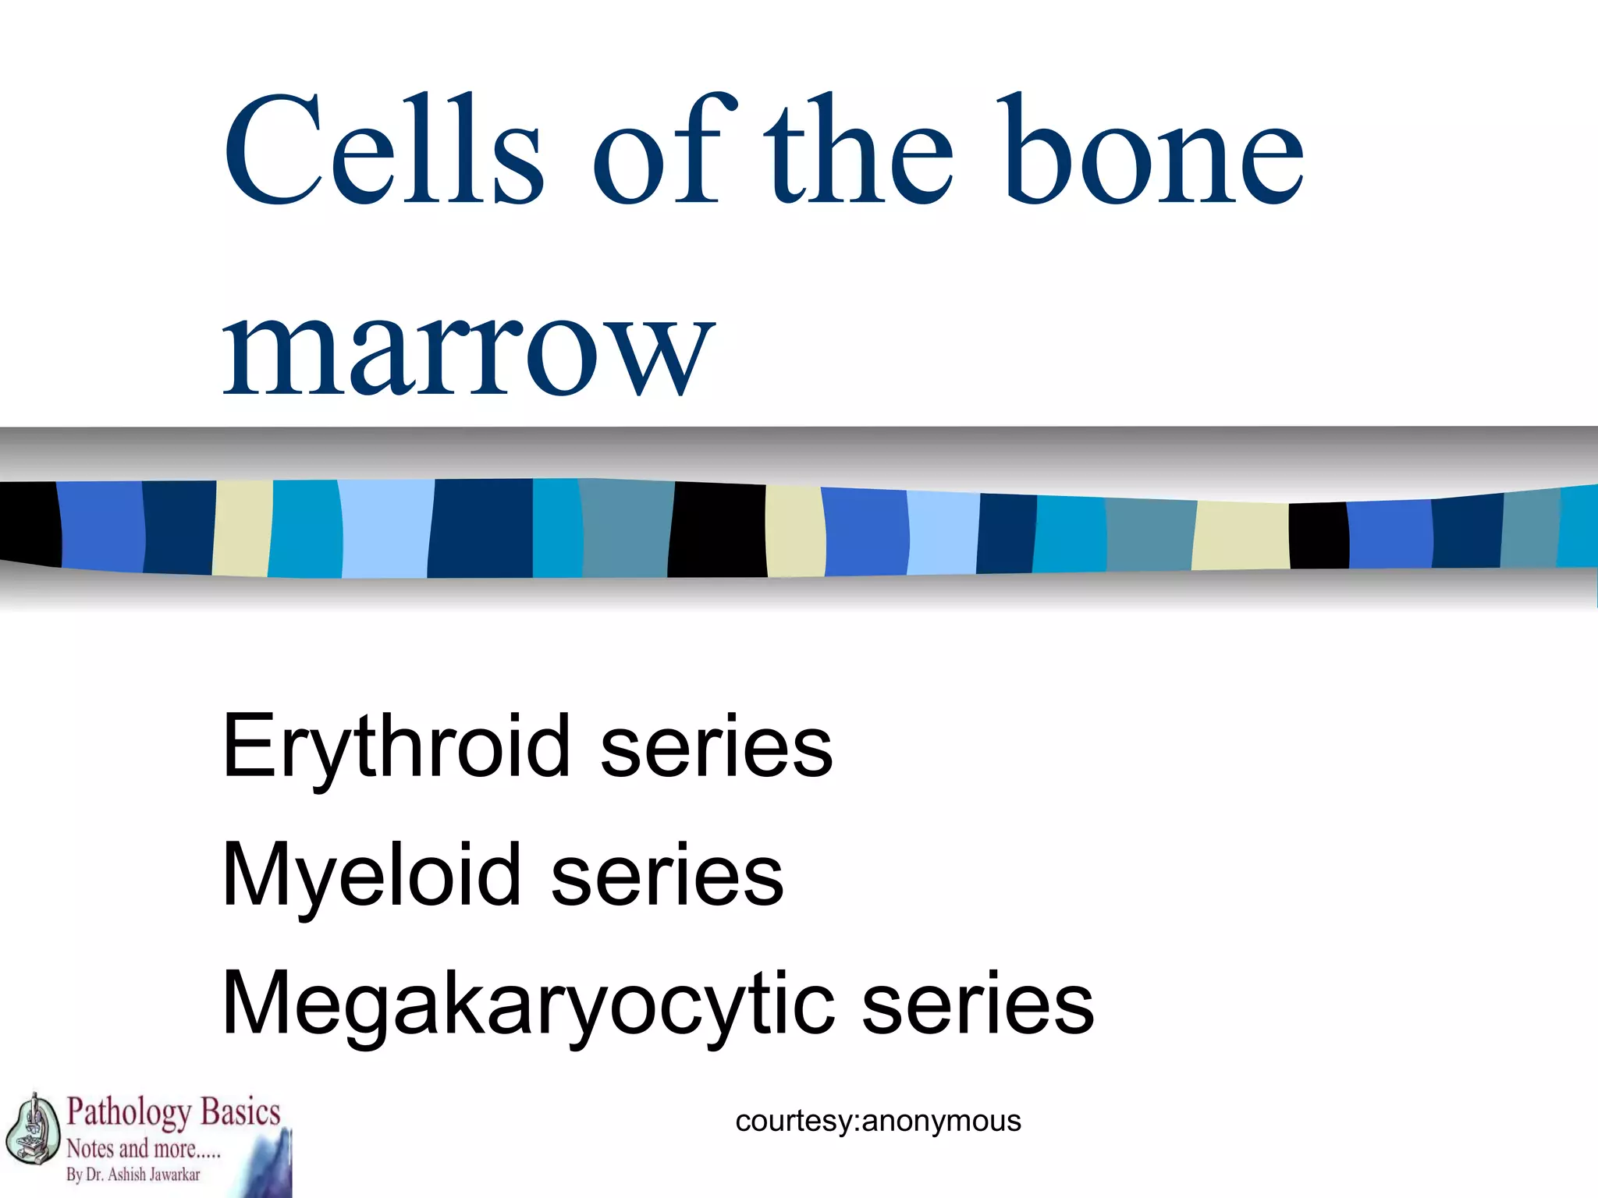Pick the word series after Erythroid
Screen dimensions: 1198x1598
716,747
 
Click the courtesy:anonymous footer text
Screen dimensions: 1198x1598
878,1121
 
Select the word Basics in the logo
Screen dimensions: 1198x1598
240,1112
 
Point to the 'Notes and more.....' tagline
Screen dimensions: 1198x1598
144,1149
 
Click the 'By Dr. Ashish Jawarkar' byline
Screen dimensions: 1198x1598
133,1175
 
